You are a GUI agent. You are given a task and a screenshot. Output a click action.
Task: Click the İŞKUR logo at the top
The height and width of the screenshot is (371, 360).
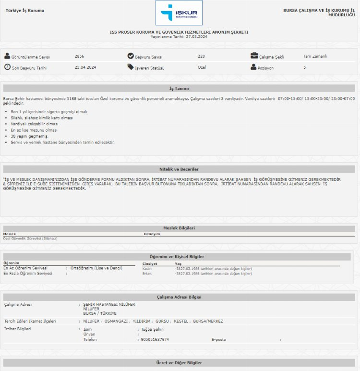tap(179, 13)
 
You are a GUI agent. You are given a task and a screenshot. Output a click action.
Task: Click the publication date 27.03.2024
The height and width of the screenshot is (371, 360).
tap(197, 36)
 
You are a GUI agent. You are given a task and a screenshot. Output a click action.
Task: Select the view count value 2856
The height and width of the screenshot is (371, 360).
tap(79, 56)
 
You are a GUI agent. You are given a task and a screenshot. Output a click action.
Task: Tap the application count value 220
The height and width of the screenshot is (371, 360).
tap(201, 56)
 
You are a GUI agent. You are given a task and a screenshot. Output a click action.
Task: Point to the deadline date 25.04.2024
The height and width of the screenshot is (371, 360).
tap(85, 67)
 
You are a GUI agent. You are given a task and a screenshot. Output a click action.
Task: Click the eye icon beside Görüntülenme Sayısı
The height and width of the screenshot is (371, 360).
tap(7, 56)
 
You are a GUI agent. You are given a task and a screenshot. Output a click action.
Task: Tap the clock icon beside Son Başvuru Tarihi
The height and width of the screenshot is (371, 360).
tap(7, 67)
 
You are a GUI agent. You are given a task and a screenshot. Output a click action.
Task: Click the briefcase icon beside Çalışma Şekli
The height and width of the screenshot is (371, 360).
tap(254, 56)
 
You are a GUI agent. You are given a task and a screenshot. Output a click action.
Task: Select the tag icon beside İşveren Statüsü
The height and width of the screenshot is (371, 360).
tap(131, 67)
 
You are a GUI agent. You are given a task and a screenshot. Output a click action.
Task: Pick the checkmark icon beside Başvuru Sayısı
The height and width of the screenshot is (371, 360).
tap(131, 56)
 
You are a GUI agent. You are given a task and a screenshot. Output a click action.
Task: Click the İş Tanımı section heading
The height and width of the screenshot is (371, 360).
tap(179, 88)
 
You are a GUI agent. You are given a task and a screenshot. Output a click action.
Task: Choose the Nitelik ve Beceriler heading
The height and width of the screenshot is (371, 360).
tap(179, 169)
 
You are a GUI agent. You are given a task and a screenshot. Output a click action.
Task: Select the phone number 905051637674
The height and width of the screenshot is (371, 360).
tap(155, 339)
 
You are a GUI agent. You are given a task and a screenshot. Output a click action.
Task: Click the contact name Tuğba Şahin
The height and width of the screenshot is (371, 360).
tap(153, 329)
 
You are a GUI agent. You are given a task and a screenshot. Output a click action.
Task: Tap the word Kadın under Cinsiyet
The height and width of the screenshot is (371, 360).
tap(147, 269)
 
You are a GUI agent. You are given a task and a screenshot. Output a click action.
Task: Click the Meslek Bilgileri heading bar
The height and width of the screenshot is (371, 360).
tap(179, 228)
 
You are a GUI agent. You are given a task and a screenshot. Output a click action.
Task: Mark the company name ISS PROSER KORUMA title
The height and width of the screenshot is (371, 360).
tap(179, 32)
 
